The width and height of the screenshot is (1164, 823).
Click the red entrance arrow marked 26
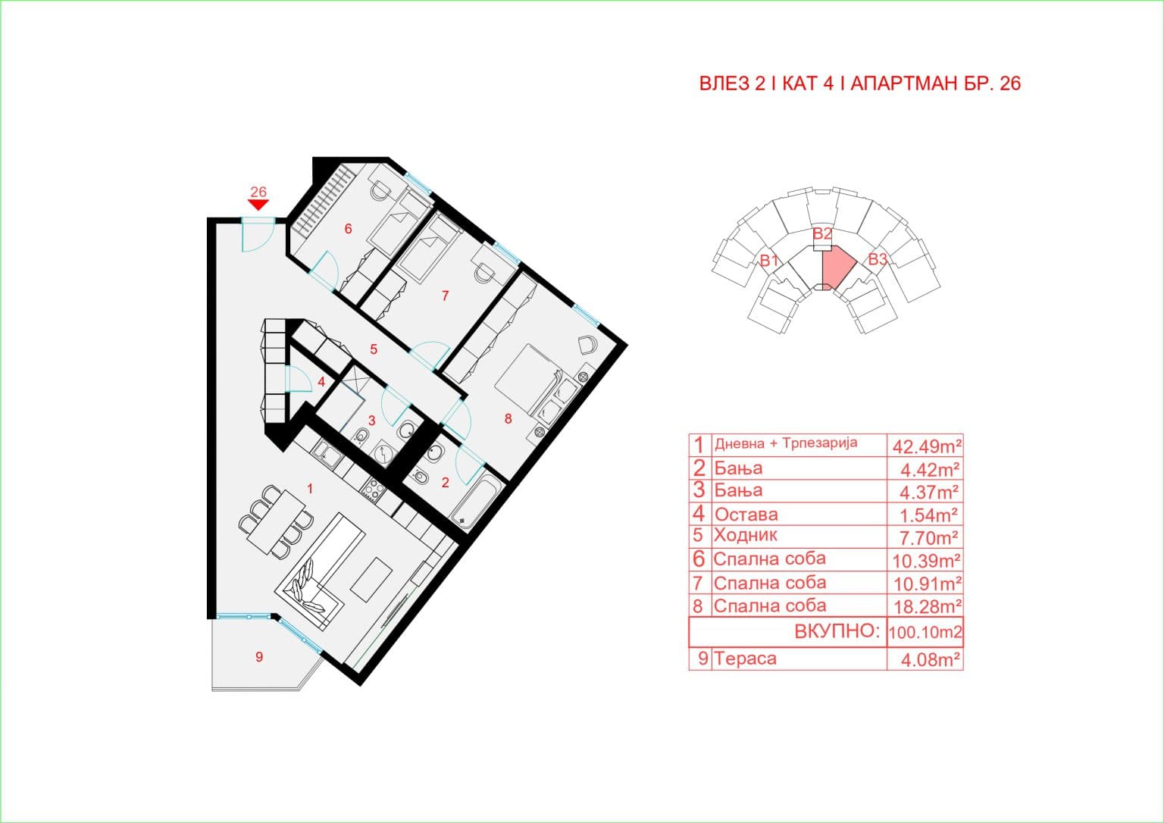coord(258,204)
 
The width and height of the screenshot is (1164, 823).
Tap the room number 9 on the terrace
coord(259,657)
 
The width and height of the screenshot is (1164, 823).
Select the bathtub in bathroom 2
coord(476,500)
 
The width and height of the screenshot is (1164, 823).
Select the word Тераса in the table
coord(746,659)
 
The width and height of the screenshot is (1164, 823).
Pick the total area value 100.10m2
coord(925,631)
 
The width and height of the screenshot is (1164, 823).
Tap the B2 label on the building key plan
coord(822,234)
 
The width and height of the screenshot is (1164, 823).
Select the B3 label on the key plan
coord(877,259)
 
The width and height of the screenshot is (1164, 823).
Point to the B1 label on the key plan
coord(770,261)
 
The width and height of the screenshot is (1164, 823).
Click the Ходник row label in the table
coord(746,536)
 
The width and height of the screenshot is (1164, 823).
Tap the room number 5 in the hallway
coord(374,349)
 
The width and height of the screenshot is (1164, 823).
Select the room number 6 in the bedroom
coord(348,229)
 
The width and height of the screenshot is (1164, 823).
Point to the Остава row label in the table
coord(746,515)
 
